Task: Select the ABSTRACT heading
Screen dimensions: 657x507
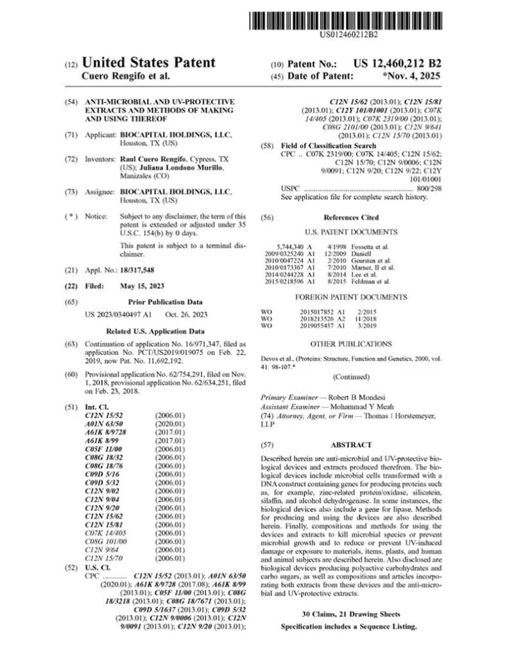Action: (350, 444)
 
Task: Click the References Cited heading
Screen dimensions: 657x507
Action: (350, 218)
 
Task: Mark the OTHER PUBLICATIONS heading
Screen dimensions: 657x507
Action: (350, 344)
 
